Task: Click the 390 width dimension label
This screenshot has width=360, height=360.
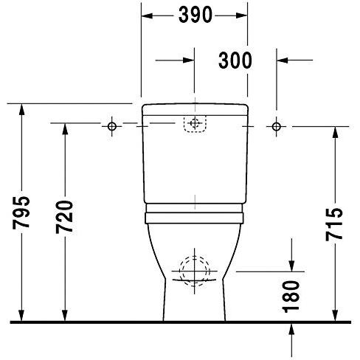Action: pyautogui.click(x=195, y=14)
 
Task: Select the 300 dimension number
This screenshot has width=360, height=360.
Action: pyautogui.click(x=235, y=60)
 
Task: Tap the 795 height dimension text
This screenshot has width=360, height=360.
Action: pyautogui.click(x=22, y=214)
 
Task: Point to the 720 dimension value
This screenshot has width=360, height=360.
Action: pyautogui.click(x=65, y=217)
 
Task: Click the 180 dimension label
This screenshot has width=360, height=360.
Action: pyautogui.click(x=292, y=296)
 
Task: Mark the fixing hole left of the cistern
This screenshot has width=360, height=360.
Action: pyautogui.click(x=111, y=126)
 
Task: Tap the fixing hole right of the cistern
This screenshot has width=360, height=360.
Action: pyautogui.click(x=277, y=126)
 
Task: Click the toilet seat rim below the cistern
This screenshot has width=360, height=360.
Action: pyautogui.click(x=195, y=215)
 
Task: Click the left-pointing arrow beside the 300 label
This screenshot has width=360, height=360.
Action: pyautogui.click(x=283, y=60)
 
